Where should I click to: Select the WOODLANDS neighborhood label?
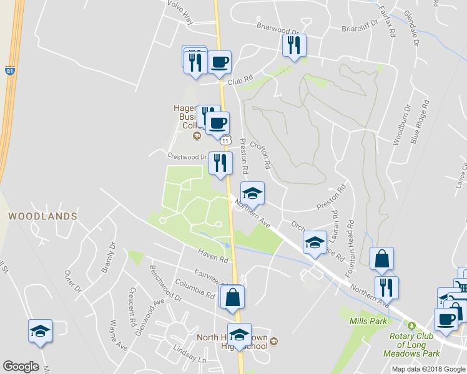(42, 216)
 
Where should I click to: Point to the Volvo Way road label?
(180, 13)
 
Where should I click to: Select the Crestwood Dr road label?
(187, 156)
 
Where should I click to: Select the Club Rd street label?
(240, 81)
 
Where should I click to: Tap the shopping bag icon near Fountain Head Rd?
(381, 258)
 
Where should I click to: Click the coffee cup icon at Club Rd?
(219, 62)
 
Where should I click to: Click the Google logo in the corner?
(21, 367)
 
